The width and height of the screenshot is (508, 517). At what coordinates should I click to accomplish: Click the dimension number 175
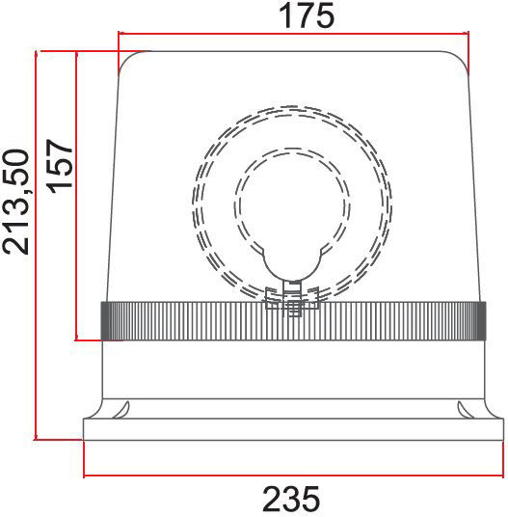click(307, 15)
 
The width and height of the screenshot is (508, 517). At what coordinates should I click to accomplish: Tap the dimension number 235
click(291, 499)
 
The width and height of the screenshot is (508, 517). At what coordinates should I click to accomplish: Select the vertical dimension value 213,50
click(15, 202)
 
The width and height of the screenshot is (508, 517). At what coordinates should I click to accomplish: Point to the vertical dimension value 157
click(60, 164)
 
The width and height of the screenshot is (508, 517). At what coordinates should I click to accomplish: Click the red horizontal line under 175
click(293, 34)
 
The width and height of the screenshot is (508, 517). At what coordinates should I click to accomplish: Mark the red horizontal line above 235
click(294, 476)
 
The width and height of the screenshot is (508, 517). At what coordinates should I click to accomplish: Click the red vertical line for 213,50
click(36, 245)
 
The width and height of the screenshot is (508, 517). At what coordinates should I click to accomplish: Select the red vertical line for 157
click(77, 196)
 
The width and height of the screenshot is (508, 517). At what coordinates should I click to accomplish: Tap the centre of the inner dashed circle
click(292, 206)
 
